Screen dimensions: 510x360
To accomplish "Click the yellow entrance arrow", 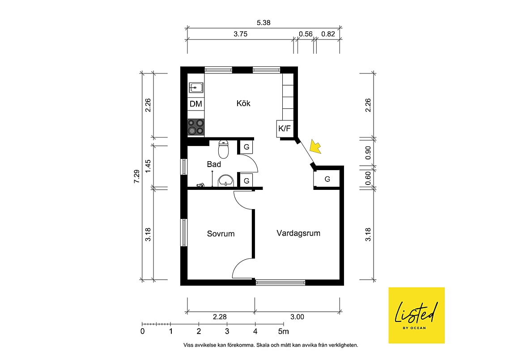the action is coord(315,146).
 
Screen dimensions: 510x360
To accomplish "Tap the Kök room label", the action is coord(243,103).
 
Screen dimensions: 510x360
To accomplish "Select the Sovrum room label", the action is coord(221,234).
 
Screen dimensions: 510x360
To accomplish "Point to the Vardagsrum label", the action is coord(298,233).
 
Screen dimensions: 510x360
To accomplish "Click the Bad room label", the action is coord(214,164).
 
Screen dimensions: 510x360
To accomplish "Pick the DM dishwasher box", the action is coord(196,104).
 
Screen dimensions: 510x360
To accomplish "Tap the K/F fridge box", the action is coord(284,129).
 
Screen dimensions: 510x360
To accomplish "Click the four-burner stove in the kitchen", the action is coord(196,127).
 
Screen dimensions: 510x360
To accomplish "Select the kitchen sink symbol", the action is coord(196,88).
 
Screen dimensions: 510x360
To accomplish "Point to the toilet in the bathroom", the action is coord(223,149).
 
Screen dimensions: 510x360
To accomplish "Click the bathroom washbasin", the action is coord(226,180).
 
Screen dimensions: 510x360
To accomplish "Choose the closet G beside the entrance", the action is coord(327,179).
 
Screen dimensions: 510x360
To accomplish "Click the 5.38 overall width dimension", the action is coord(263,23).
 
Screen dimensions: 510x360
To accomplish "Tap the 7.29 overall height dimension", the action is coord(136,176).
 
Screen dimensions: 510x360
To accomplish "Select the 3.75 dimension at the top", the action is coord(240,34).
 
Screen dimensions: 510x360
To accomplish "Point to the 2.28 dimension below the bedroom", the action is coord(220,317).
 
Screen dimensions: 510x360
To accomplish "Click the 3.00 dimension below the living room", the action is coord(297,317).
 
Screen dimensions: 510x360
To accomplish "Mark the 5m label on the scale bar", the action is coord(283,331).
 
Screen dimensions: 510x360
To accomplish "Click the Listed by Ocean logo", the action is coord(416,315).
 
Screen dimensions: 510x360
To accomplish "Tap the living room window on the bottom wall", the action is coord(280,283).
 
